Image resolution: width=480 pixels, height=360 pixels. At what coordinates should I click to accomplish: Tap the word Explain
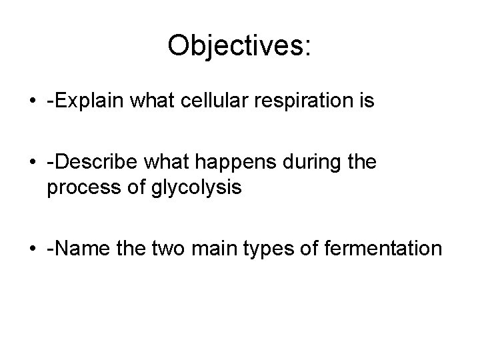[x=91, y=103]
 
